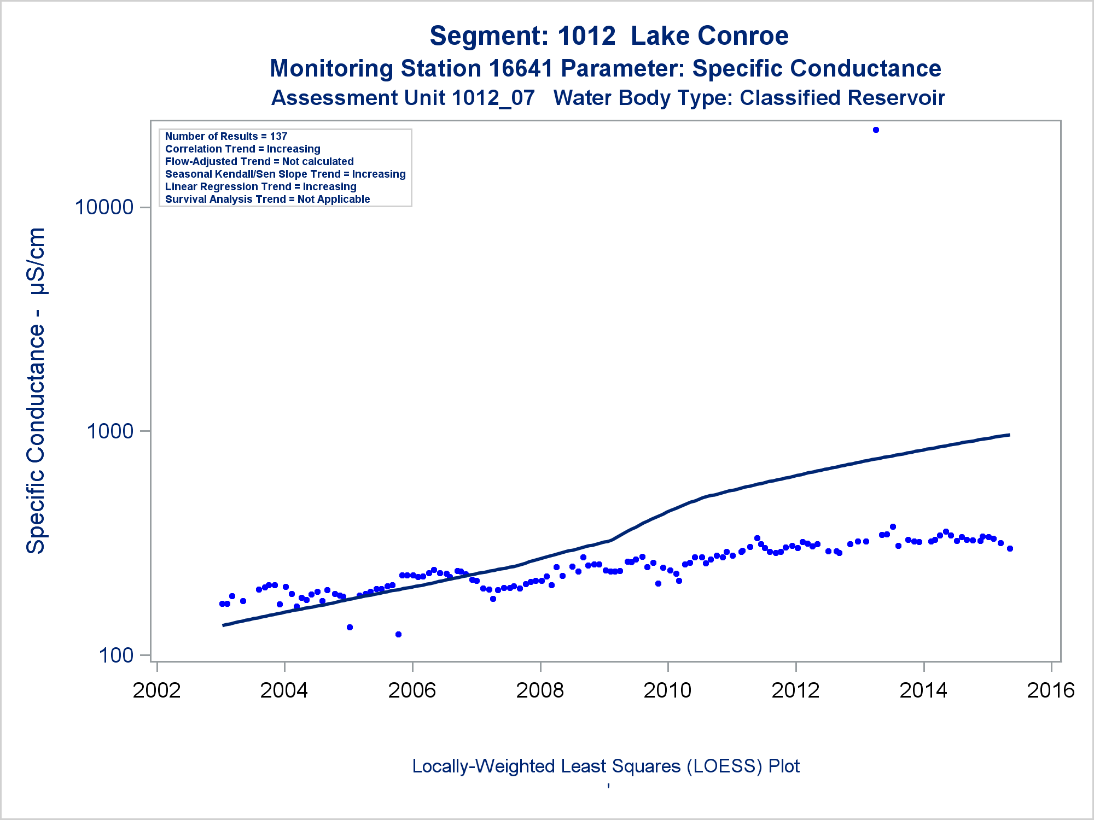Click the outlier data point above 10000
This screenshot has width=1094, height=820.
click(876, 130)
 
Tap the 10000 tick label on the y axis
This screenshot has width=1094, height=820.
click(104, 208)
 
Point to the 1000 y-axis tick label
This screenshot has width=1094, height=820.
click(110, 431)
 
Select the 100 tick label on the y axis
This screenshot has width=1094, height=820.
click(116, 655)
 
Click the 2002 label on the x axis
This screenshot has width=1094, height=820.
click(157, 690)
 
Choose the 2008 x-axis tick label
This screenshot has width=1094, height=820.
click(540, 690)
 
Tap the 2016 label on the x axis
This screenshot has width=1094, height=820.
click(1051, 690)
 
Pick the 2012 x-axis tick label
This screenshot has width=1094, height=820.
click(795, 690)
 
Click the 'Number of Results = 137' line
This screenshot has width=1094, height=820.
click(226, 136)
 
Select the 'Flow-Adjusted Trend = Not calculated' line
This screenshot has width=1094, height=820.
click(259, 161)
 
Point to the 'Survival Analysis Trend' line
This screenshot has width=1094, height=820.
click(267, 199)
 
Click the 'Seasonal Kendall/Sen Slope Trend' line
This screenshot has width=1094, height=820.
click(285, 174)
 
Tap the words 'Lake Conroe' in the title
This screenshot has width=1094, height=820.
click(709, 36)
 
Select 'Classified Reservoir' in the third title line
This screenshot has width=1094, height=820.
click(842, 98)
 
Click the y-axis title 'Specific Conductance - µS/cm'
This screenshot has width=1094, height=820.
click(36, 390)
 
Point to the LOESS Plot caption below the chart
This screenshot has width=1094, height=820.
click(606, 766)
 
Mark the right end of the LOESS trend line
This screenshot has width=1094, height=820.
click(1009, 435)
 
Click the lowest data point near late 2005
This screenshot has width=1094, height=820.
click(398, 635)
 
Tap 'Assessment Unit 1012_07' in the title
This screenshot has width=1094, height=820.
click(403, 98)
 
